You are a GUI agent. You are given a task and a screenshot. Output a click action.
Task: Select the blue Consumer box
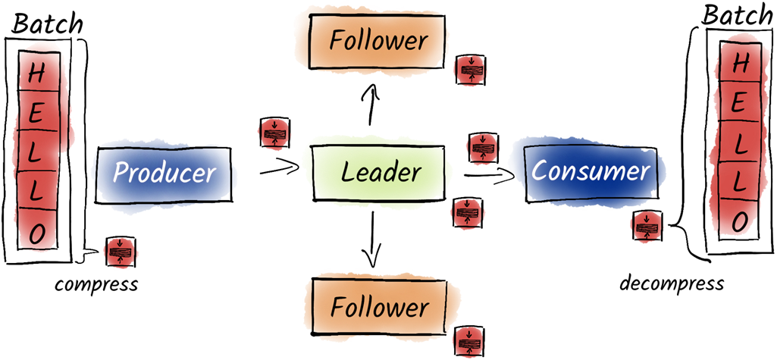pos(590,171)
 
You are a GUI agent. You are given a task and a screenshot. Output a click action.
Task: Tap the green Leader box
pos(379,171)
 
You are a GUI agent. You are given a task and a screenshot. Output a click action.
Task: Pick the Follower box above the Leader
pos(378,39)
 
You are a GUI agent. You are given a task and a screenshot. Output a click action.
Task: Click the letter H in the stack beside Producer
pos(36,75)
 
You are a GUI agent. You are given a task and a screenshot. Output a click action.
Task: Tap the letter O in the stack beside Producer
pos(36,232)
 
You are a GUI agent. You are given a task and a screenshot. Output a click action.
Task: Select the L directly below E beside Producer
pos(36,153)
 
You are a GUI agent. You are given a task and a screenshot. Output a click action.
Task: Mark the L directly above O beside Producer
pos(36,193)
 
